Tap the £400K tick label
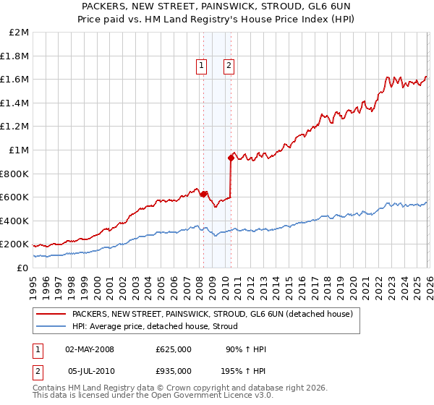point(14,221)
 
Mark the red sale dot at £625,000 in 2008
point(203,194)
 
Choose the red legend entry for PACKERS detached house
point(212,314)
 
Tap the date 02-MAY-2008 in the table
point(90,349)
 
